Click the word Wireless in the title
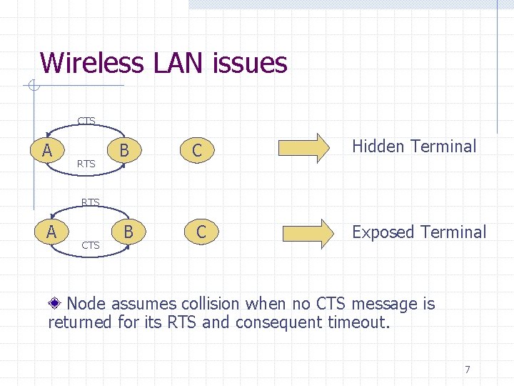[x=93, y=63]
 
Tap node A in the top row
[x=47, y=150]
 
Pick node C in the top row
[x=197, y=151]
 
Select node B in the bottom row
[x=128, y=232]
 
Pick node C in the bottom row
[x=201, y=232]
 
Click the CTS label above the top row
[x=86, y=121]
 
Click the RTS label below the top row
[x=86, y=164]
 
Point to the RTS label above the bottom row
[x=91, y=202]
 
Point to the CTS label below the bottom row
[x=91, y=246]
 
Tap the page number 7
[x=468, y=370]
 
